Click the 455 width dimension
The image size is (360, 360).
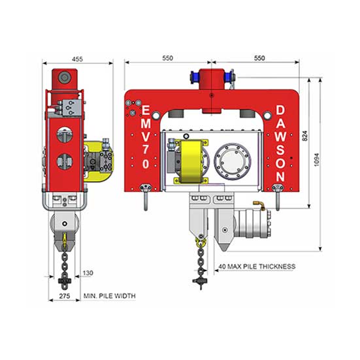[77, 59]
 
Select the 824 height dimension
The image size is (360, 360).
[304, 136]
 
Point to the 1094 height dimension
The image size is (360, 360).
[316, 159]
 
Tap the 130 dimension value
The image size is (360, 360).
[88, 273]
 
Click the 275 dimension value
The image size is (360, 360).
[65, 296]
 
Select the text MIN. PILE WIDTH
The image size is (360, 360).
[110, 296]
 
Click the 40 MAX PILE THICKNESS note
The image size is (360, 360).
[257, 267]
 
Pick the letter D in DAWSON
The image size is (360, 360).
[280, 110]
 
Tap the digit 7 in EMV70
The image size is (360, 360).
[146, 149]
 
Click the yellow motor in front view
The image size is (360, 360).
[191, 161]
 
